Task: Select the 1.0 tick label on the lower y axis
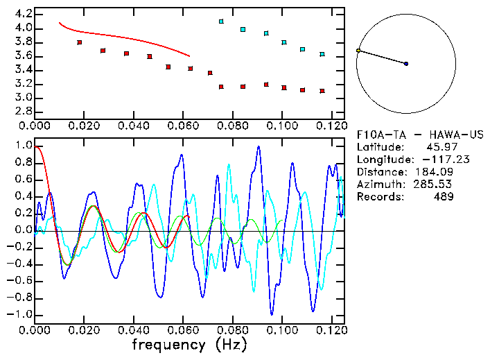coord(24,146)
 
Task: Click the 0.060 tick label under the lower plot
coord(183,330)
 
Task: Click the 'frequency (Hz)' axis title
coord(189,344)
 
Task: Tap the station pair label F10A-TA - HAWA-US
coord(419,134)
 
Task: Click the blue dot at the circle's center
coord(406,64)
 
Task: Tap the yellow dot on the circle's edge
coord(358,51)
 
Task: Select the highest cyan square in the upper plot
coord(221,22)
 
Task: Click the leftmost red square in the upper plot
coord(80,42)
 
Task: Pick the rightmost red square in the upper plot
coord(322,91)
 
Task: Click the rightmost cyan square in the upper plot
coord(322,54)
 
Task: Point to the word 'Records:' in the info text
coord(379,196)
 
